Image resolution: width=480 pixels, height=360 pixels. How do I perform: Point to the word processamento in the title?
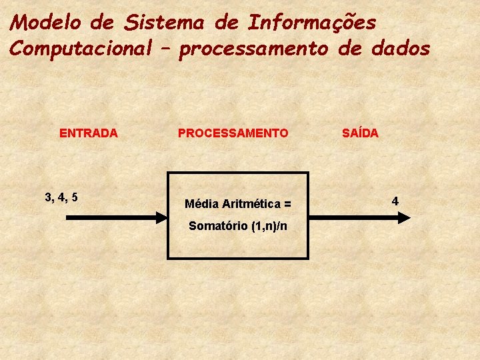coord(253,49)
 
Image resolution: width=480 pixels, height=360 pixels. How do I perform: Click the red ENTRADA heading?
coord(89,133)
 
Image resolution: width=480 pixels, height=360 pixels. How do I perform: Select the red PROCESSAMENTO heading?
coord(233,133)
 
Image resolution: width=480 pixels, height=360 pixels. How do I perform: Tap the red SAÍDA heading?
coord(360,133)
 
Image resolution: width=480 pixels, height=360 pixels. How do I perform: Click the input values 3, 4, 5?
coord(61,197)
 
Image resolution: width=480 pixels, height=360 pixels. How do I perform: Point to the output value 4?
coord(395,200)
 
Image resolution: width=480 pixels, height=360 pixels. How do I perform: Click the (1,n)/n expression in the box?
coord(269,225)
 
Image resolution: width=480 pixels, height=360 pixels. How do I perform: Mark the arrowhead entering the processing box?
coord(161,217)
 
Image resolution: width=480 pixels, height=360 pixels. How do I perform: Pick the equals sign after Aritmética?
coord(287,203)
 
